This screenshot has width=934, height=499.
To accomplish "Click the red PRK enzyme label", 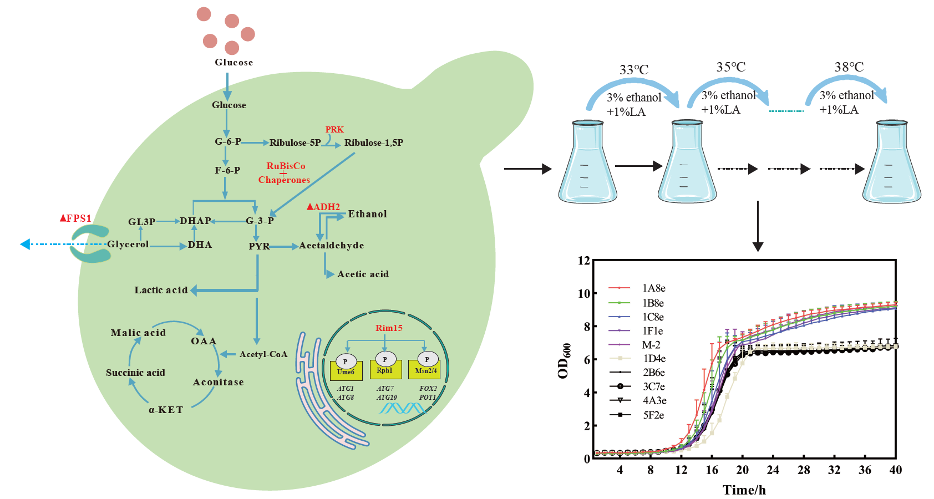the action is [334, 129].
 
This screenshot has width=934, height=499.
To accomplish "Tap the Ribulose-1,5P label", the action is [374, 142].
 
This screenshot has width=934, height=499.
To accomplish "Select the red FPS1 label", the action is [76, 218].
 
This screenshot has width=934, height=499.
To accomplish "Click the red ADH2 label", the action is [323, 207].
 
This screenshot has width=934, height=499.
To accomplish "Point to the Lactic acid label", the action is [161, 290].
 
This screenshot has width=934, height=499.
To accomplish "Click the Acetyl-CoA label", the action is [263, 354].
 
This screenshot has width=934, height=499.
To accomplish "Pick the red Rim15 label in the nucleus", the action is [389, 328].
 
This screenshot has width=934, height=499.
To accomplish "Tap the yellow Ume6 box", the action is [346, 370].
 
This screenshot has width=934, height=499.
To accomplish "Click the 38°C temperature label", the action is [849, 67].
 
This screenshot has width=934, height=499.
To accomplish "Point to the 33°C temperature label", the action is [634, 70].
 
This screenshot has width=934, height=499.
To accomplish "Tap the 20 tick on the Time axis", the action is [742, 470].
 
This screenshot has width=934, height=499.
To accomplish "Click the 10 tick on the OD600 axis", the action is [584, 293].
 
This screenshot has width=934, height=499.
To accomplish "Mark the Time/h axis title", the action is [744, 490].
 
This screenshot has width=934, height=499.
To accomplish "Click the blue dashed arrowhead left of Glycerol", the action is [25, 245].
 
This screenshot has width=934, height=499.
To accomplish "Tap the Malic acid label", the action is [139, 333].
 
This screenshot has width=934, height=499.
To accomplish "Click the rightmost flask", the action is [891, 162].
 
